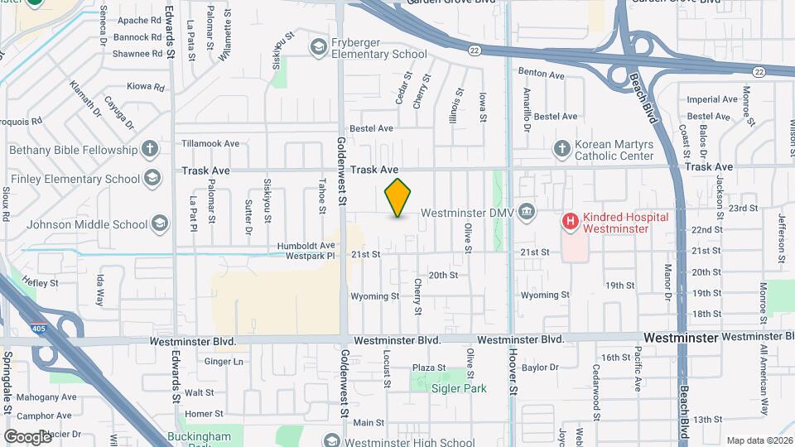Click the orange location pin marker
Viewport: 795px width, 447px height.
pyautogui.click(x=398, y=198)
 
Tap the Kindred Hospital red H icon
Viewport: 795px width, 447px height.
pyautogui.click(x=571, y=221)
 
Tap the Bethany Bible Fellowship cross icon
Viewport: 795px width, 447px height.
pyautogui.click(x=149, y=150)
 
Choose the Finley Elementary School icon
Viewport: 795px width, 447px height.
pyautogui.click(x=152, y=178)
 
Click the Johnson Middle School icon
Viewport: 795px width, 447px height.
pyautogui.click(x=160, y=223)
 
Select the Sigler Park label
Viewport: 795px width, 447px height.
pyautogui.click(x=457, y=388)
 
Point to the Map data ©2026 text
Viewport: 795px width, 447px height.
pyautogui.click(x=759, y=440)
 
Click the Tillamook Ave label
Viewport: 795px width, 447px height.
pyautogui.click(x=210, y=143)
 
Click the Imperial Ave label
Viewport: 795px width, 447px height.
pyautogui.click(x=712, y=99)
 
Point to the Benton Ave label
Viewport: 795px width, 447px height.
pyautogui.click(x=541, y=74)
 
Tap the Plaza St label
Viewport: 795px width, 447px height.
pyautogui.click(x=429, y=368)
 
